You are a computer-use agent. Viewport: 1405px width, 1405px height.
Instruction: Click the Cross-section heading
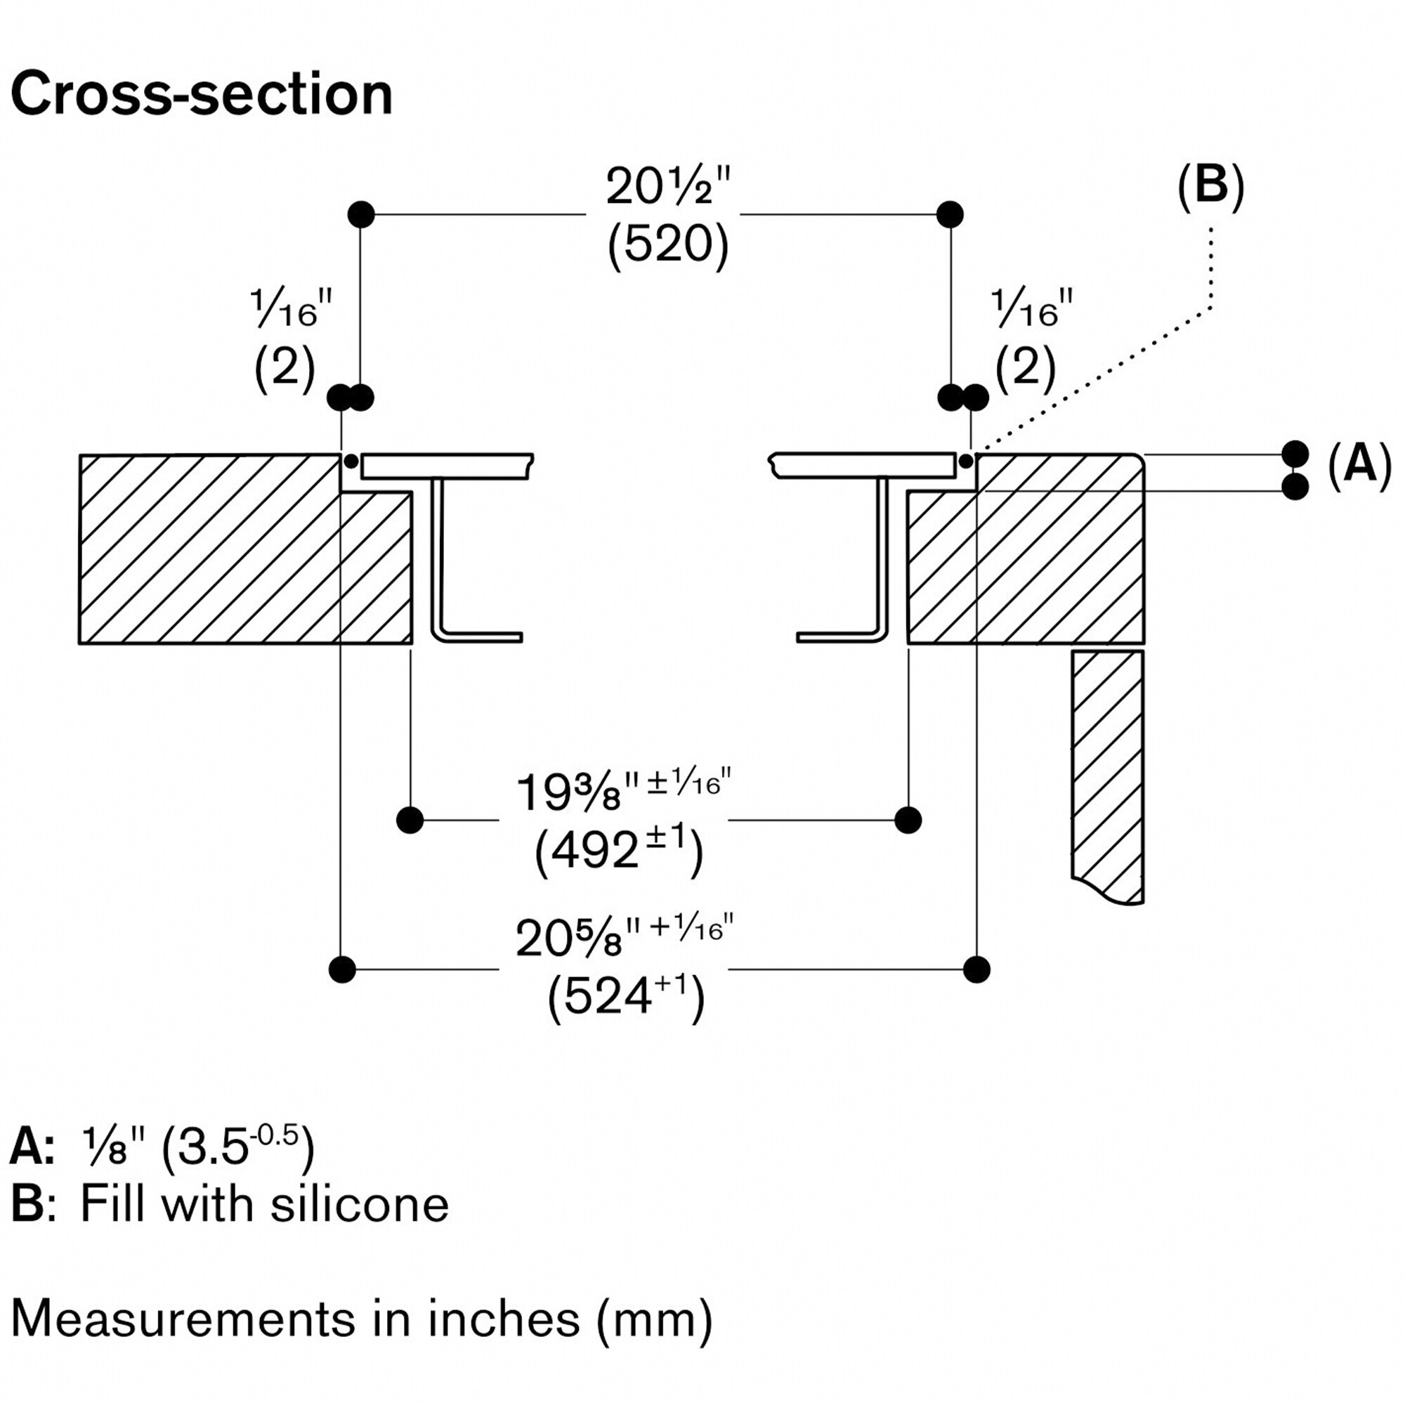click(202, 95)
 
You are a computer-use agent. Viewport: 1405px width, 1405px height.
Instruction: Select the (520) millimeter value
click(667, 244)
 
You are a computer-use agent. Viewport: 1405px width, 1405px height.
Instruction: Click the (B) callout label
click(1211, 186)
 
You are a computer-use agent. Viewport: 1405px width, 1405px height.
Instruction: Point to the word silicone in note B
click(359, 1204)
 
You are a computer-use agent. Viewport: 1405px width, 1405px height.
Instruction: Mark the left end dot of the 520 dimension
click(361, 214)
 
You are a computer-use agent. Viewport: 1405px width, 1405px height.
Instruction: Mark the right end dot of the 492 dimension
click(908, 821)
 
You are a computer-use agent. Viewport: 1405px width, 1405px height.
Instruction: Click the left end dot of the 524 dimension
click(342, 969)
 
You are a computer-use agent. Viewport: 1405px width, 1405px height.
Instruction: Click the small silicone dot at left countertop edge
click(351, 461)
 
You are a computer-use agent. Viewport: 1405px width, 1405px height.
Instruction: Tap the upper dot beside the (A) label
click(1295, 454)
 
